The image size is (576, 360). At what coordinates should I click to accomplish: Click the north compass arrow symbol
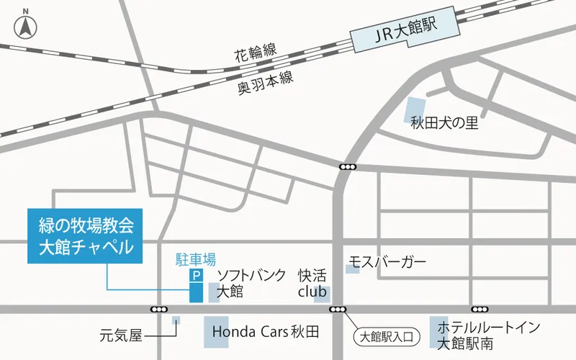[26, 27]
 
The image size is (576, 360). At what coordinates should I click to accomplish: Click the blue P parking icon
[195, 276]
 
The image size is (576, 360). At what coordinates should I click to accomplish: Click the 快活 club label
[312, 284]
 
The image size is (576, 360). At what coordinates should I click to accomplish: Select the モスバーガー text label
[388, 261]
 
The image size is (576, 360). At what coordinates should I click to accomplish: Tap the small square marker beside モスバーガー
[352, 269]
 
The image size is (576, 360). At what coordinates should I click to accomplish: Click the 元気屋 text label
[122, 335]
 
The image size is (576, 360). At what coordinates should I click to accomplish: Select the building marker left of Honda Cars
[216, 330]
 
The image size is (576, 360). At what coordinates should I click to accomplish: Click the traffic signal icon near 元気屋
[159, 309]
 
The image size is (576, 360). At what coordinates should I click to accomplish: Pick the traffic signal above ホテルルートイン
[479, 309]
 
